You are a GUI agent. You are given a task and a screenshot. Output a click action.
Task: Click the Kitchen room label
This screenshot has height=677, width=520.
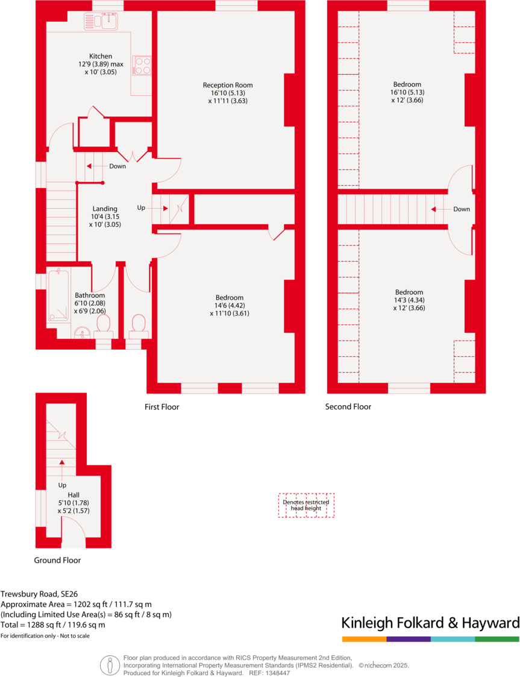(101, 56)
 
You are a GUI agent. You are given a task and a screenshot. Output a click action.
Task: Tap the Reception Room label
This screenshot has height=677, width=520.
(228, 85)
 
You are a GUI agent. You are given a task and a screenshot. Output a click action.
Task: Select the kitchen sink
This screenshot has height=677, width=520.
(103, 22)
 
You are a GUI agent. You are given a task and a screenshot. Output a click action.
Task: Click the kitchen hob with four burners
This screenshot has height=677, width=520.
(142, 65)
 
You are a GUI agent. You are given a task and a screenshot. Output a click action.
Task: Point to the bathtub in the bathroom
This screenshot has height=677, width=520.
(59, 296)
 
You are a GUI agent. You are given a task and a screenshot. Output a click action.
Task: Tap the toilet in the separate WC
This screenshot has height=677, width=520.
(139, 325)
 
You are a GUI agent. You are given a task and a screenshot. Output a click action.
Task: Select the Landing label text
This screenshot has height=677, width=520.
(105, 209)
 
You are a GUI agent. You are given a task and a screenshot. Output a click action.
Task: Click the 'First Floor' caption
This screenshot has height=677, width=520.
(161, 407)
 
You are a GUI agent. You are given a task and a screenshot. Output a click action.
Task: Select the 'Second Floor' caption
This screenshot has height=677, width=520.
(348, 407)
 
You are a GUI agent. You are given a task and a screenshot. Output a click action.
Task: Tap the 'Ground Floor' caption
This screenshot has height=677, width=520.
(57, 560)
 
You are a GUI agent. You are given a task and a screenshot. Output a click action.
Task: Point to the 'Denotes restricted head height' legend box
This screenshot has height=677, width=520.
(306, 505)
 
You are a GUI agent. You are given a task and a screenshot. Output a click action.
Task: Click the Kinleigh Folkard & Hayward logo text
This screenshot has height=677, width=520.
(430, 623)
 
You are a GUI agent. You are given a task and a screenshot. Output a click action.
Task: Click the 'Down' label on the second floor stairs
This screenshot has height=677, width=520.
(462, 209)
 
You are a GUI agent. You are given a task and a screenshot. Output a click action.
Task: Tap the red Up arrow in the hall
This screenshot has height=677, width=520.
(62, 462)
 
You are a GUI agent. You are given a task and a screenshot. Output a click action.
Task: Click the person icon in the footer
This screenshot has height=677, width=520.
(110, 665)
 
